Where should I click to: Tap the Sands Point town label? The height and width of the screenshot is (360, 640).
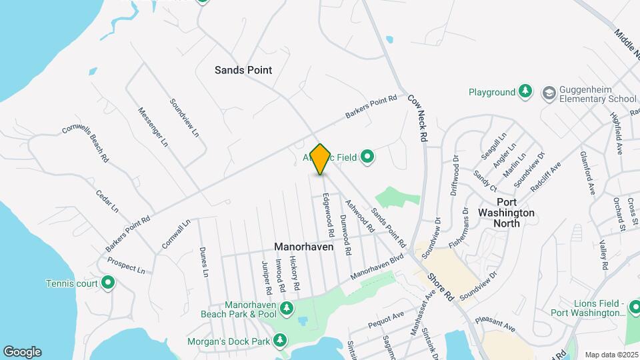click(243, 69)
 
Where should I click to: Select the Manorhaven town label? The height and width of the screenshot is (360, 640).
click(304, 247)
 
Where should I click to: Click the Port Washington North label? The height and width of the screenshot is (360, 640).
click(506, 212)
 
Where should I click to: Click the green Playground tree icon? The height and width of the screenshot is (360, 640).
click(526, 92)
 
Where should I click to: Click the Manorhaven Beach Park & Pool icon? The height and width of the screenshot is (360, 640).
click(287, 308)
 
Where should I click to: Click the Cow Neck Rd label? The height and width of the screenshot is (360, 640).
click(418, 117)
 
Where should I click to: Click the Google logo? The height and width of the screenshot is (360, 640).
click(22, 351)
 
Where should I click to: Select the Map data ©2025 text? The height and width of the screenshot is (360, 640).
click(611, 355)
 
